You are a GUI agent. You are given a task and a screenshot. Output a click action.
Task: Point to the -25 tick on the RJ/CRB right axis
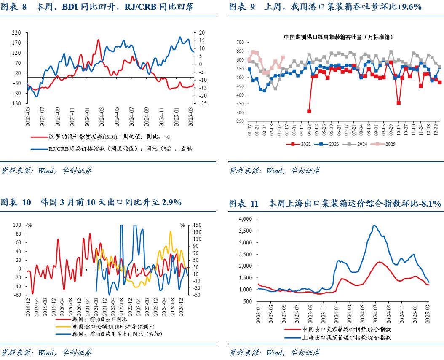coord(203,103)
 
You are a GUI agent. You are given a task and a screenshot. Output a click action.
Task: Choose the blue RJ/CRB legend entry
coord(112,148)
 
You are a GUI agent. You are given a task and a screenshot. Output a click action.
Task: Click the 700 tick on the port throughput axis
coord(241,42)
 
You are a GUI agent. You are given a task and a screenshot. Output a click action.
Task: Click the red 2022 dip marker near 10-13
coord(399,103)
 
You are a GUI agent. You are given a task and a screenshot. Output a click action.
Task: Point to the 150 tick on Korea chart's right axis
coord(197,225)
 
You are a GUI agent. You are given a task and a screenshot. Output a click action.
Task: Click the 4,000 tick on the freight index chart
coord(245,219)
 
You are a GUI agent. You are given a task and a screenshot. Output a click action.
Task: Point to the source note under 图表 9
coord(275,171)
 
